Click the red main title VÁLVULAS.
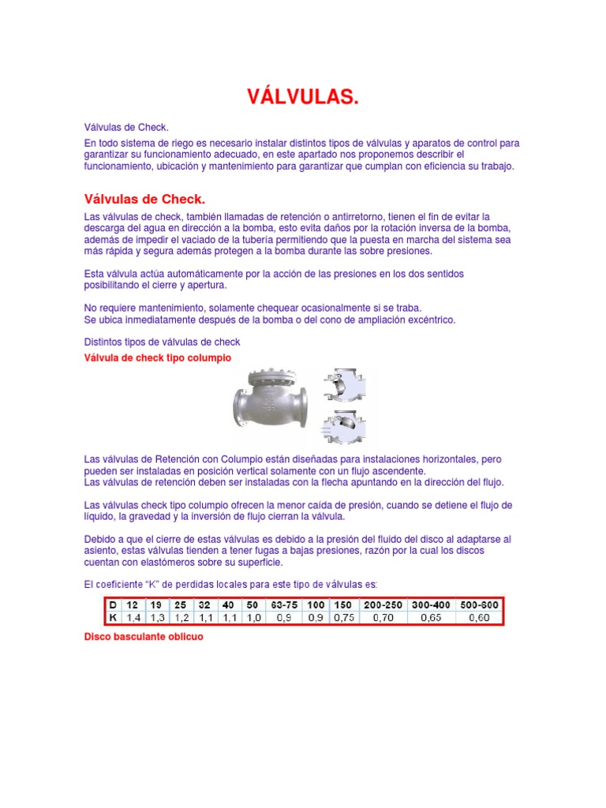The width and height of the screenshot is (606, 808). point(303,97)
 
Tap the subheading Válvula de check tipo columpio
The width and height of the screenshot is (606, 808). point(158,358)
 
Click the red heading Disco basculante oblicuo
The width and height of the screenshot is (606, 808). point(144,636)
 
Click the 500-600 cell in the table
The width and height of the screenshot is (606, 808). point(479,604)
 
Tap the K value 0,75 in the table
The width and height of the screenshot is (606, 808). point(343,618)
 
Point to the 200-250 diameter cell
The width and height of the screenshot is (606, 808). point(383,604)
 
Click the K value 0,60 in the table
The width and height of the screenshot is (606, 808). point(479,618)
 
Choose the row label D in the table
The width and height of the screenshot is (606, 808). point(112,604)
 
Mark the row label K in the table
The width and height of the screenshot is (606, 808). point(112,618)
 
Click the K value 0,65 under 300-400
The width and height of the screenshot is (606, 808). point(431,618)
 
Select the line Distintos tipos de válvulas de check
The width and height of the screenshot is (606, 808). point(162,342)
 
